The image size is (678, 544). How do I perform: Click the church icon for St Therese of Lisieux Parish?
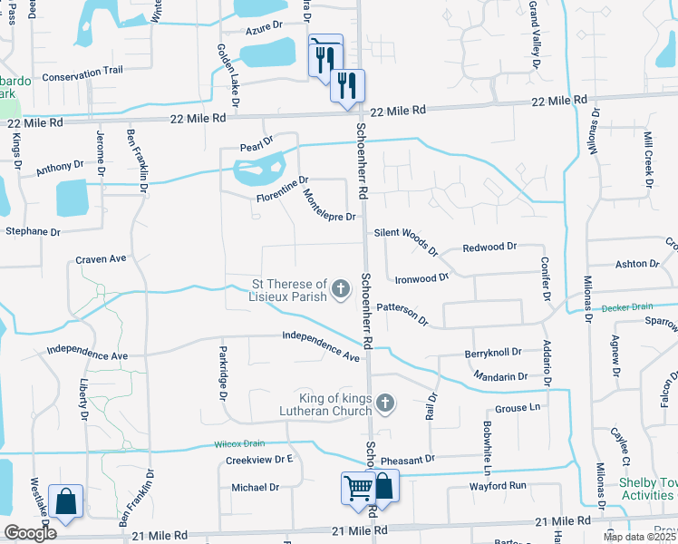[x=341, y=290]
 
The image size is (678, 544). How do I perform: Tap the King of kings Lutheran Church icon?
[x=385, y=403]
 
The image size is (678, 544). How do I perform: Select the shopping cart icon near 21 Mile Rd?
[x=358, y=488]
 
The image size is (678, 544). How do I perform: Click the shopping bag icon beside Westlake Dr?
[x=66, y=500]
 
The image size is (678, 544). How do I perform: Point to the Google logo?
[x=31, y=533]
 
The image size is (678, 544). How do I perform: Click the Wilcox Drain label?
[x=239, y=443]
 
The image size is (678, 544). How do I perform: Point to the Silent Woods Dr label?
[x=406, y=240]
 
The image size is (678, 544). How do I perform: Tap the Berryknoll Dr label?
[x=493, y=352]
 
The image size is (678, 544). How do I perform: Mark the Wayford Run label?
[x=498, y=486]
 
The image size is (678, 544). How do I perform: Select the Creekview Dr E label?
[x=260, y=460]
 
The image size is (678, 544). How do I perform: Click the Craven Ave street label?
[x=101, y=258]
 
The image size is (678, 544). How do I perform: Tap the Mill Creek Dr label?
[x=648, y=159]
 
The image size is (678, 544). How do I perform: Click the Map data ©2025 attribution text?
[x=640, y=537]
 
